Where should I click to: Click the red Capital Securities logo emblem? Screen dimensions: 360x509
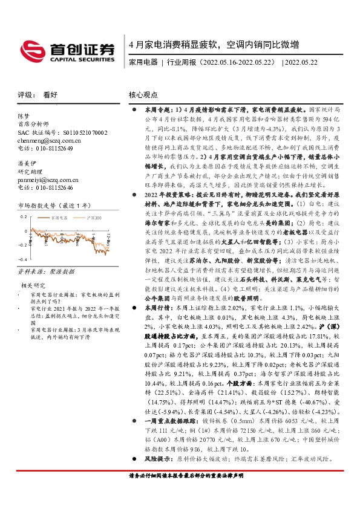click(30, 50)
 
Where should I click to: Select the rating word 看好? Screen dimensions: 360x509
click(50, 96)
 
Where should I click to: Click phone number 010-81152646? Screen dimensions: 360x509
click(55, 206)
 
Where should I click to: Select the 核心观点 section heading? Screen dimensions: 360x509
click(144, 96)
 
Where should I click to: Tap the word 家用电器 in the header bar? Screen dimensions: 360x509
click(143, 63)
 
